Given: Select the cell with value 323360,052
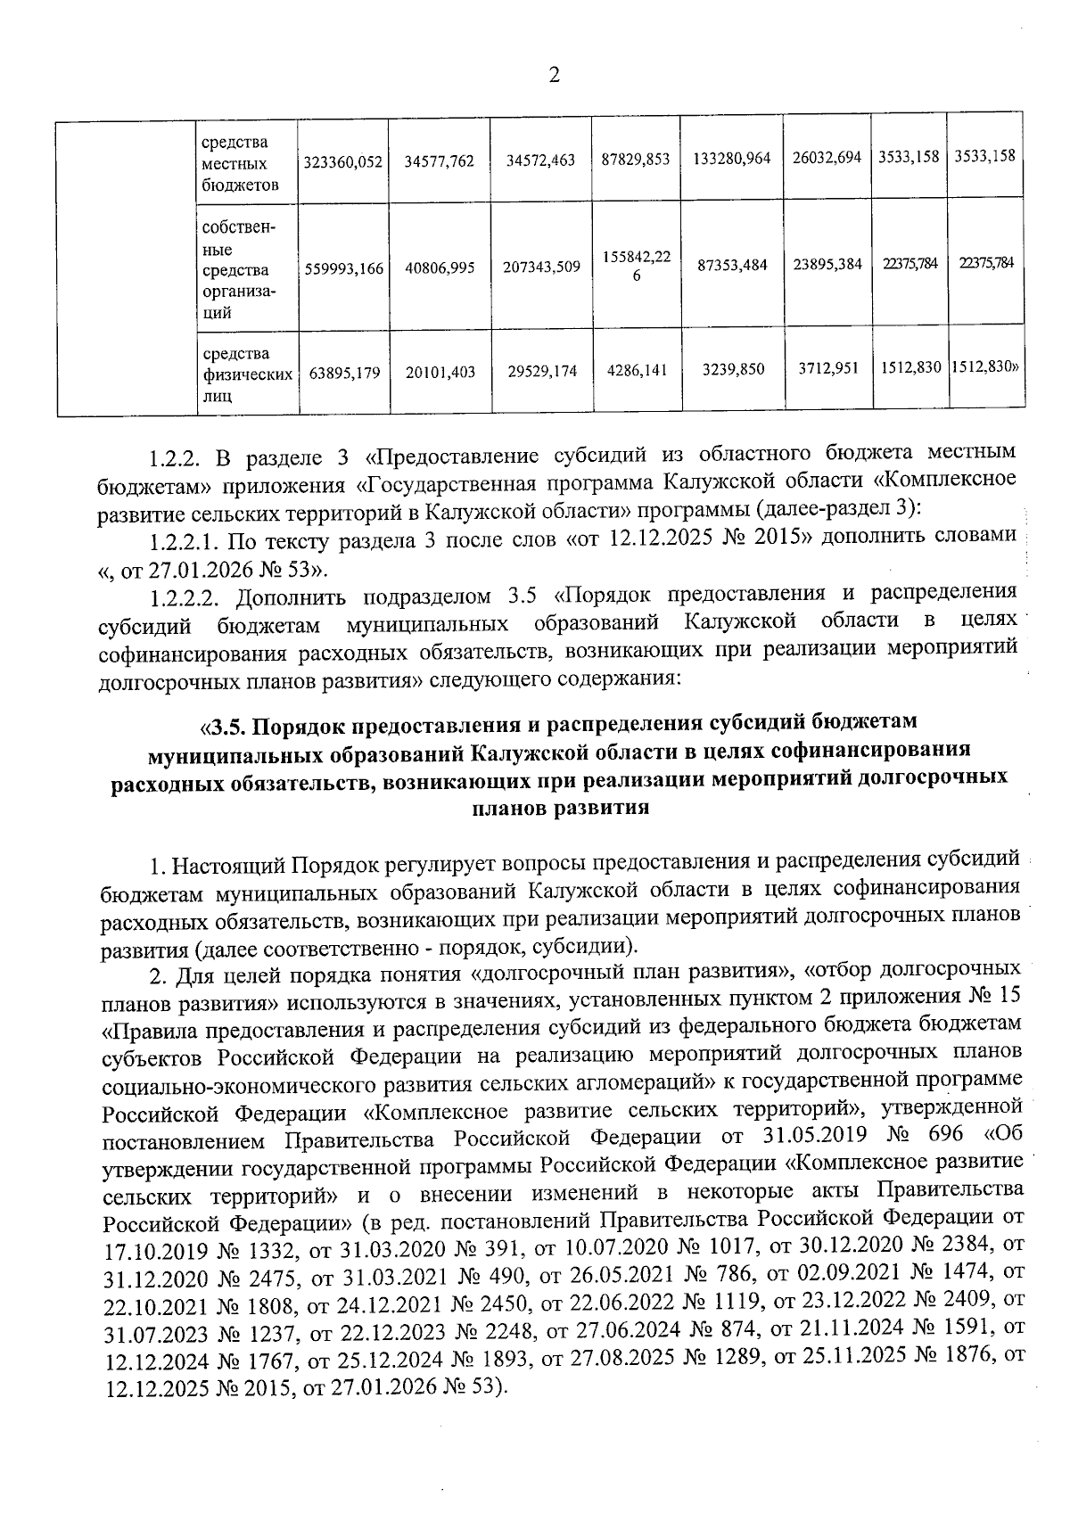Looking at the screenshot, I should tap(342, 162).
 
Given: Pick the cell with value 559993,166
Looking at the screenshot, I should tap(342, 267).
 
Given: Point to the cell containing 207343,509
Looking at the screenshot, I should tap(541, 267).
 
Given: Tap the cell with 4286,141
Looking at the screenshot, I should tap(637, 370).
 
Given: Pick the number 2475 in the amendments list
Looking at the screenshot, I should tap(259, 1279).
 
